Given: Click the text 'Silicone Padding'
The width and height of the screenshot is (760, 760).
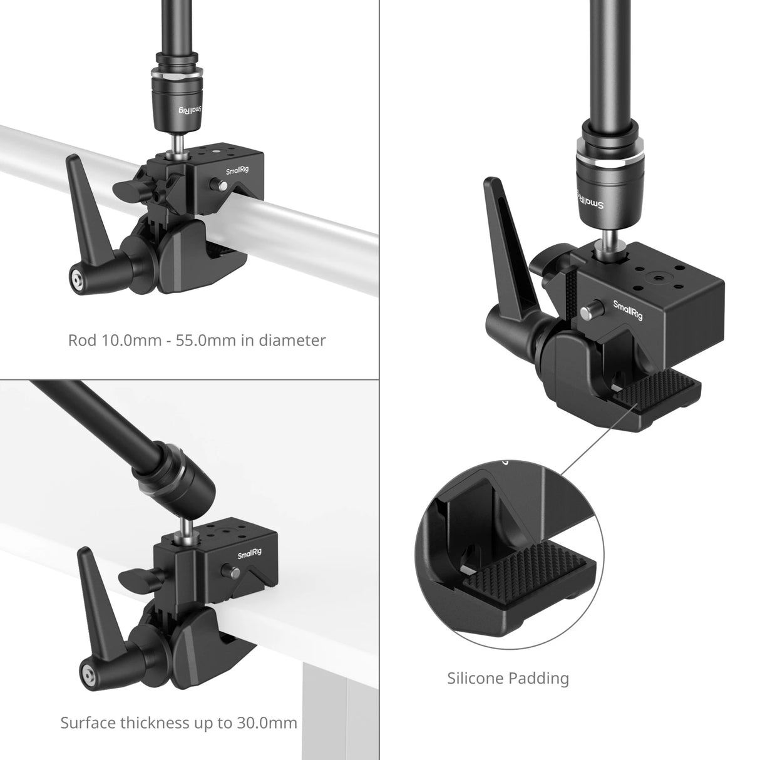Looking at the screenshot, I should point(508,678).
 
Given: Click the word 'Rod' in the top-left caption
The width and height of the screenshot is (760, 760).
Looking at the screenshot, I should point(82,341).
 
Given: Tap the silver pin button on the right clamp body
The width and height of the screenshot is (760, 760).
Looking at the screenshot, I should point(591,309).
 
